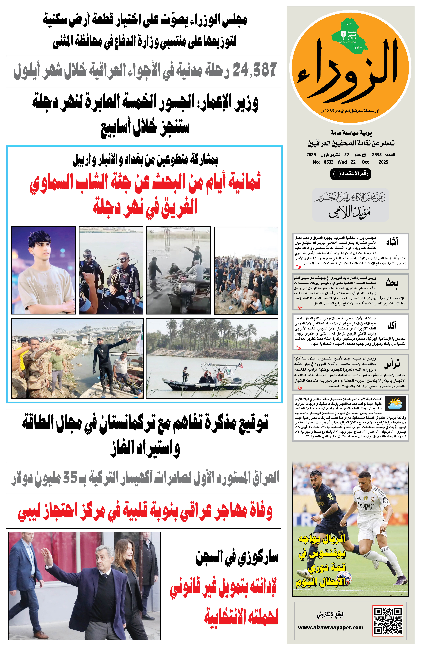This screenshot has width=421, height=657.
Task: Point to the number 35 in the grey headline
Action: (70, 477)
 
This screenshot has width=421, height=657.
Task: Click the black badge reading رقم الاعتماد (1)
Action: (350, 174)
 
